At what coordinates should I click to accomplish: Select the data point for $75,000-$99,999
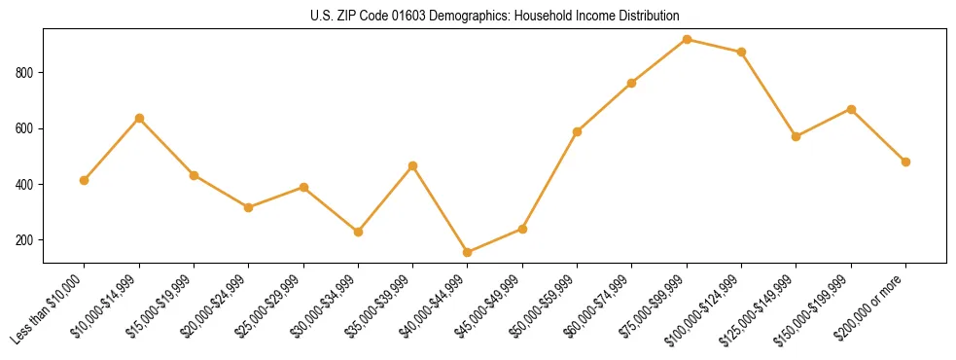pos(687,39)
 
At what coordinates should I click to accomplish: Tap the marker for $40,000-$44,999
pos(468,252)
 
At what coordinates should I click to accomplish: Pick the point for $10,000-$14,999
pos(139,118)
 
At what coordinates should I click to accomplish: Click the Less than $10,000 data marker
pos(85,180)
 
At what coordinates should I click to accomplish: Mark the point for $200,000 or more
pos(905,162)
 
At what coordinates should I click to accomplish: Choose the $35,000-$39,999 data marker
pos(413,165)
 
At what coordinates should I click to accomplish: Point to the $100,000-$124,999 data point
pos(741,52)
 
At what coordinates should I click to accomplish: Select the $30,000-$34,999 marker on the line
pos(358,232)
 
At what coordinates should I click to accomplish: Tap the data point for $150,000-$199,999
pos(851,109)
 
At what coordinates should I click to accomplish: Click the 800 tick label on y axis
pos(25,73)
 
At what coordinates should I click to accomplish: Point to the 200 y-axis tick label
pos(25,240)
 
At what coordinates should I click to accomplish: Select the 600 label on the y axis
pos(25,128)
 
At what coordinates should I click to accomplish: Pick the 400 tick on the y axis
pos(25,185)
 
